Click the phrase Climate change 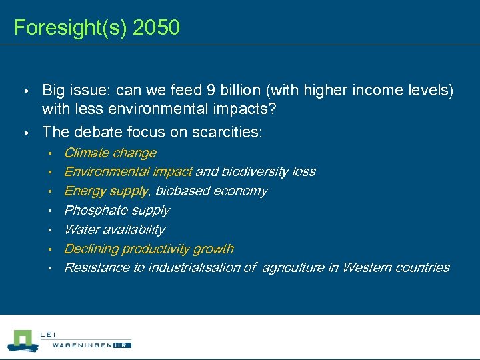click(x=110, y=153)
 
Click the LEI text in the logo click(x=48, y=334)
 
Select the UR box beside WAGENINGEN click(x=122, y=345)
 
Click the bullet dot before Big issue click(x=26, y=91)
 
